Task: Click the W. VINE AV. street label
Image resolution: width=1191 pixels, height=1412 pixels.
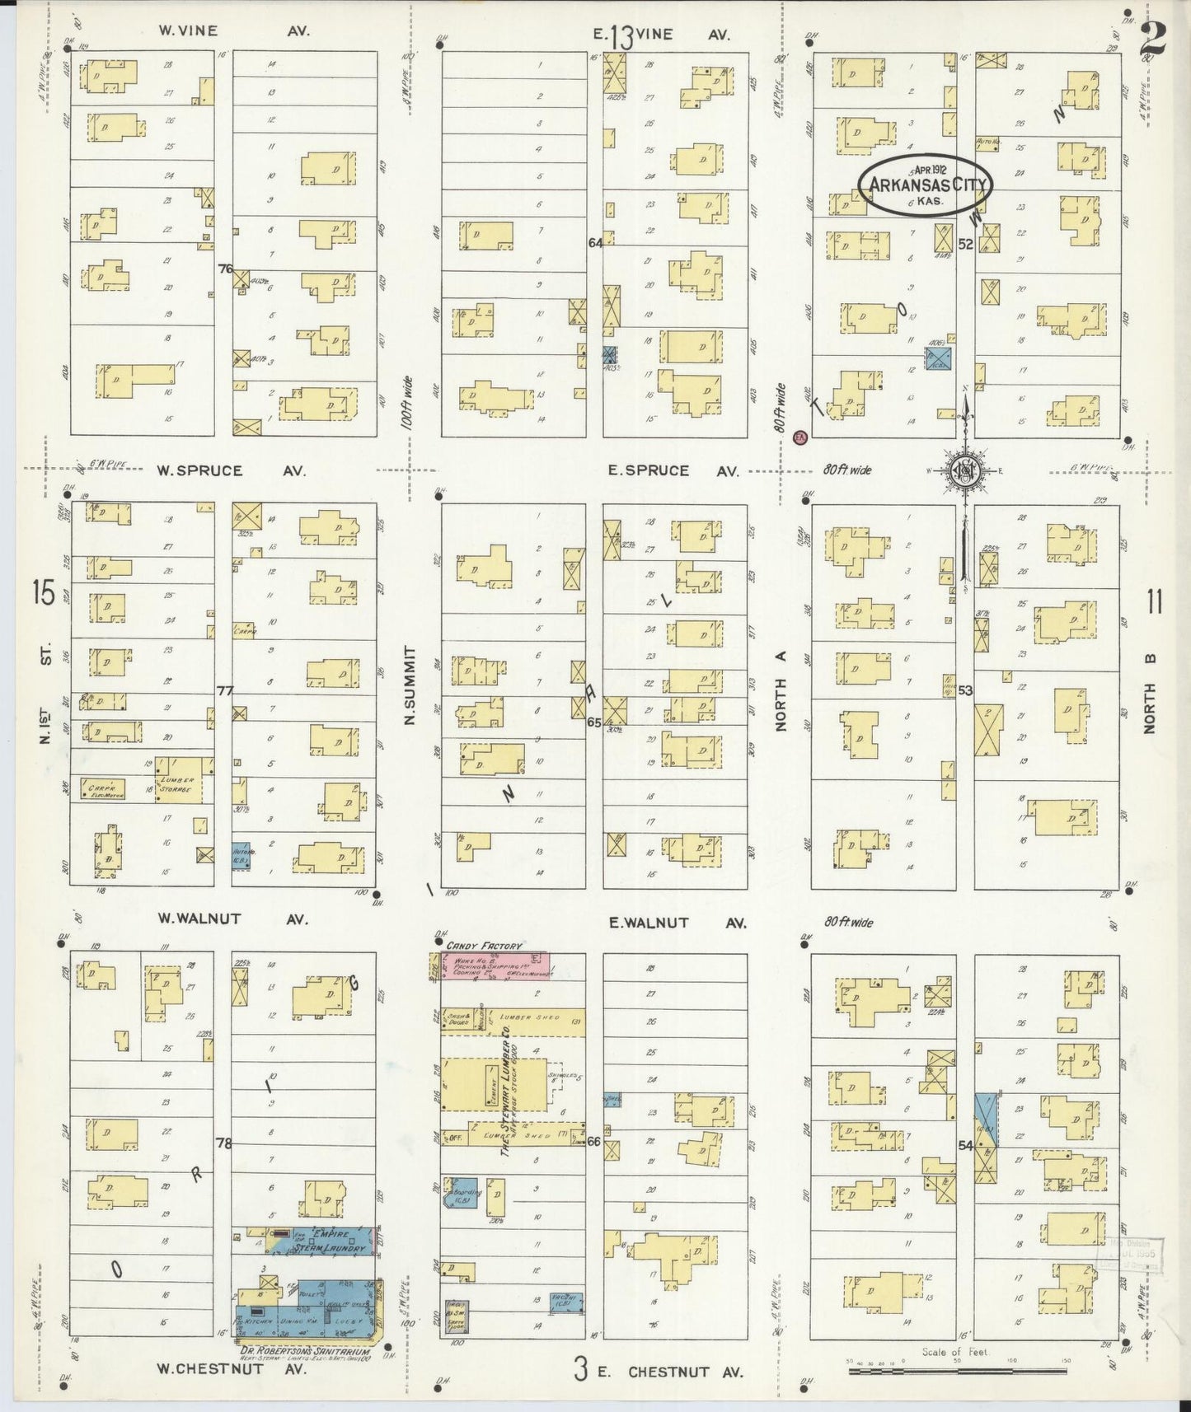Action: pos(234,31)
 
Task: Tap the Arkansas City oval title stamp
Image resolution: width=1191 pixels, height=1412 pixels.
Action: pos(926,185)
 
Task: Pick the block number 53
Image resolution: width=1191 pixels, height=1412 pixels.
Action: pos(965,690)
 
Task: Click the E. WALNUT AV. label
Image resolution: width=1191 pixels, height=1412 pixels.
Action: pos(677,923)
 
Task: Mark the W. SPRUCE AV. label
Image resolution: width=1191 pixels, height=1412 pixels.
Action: pos(232,471)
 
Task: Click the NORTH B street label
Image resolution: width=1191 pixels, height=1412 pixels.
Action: pos(1150,693)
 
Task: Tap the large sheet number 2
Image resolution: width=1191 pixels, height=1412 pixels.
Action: pos(1154,39)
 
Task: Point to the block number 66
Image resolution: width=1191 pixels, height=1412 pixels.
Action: pos(593,1141)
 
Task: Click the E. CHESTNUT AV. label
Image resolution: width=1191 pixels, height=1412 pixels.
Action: pos(684,1372)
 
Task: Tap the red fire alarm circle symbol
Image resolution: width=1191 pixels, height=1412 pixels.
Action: pos(799,437)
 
